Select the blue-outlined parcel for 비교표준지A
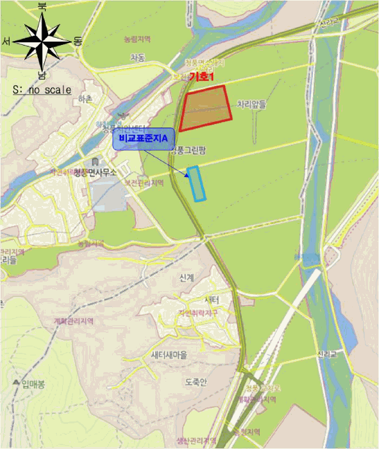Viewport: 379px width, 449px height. point(197,184)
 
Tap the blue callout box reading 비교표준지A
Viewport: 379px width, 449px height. point(143,139)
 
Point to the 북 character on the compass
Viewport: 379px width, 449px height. point(42,6)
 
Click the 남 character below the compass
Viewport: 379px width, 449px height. point(42,75)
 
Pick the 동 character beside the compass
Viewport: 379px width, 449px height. point(78,41)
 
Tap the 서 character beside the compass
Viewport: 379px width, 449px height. point(6,41)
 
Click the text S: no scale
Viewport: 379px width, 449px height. point(42,90)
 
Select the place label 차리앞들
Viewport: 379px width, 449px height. point(251,103)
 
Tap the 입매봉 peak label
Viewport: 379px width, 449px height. point(33,384)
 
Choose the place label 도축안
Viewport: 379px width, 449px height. point(196,382)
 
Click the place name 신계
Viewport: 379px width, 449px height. point(187,278)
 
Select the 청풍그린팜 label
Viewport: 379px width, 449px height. point(190,152)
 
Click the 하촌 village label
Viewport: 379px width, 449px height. point(84,99)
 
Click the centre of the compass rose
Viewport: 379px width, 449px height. point(42,41)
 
